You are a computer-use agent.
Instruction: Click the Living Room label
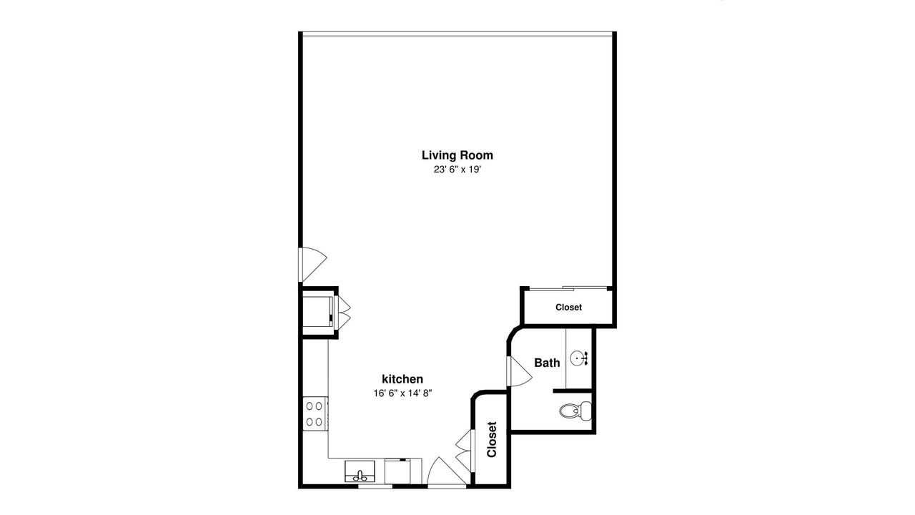pos(457,155)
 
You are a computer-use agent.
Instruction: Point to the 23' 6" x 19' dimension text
pos(457,170)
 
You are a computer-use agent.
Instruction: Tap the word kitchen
pos(402,379)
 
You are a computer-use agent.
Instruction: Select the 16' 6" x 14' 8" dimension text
pos(402,393)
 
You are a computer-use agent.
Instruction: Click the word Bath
pos(547,363)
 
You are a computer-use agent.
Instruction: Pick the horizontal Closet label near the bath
pos(568,308)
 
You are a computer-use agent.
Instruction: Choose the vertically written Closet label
pos(492,440)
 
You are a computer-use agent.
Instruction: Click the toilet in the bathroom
pos(575,411)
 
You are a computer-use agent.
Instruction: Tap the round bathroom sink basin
pos(577,358)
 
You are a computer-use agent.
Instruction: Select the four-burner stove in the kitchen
pos(315,413)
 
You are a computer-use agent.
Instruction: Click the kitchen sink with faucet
pos(360,471)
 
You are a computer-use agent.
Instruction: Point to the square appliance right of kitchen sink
pos(397,471)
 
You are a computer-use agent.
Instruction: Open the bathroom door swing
pos(519,371)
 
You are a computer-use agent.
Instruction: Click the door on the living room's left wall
pos(313,265)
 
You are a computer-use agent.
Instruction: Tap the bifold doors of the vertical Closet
pos(463,451)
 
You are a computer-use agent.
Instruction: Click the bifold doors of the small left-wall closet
pos(342,313)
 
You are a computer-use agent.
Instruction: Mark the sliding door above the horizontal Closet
pos(568,288)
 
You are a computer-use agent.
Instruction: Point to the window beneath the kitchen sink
pos(375,486)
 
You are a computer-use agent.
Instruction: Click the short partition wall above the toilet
pos(573,391)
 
